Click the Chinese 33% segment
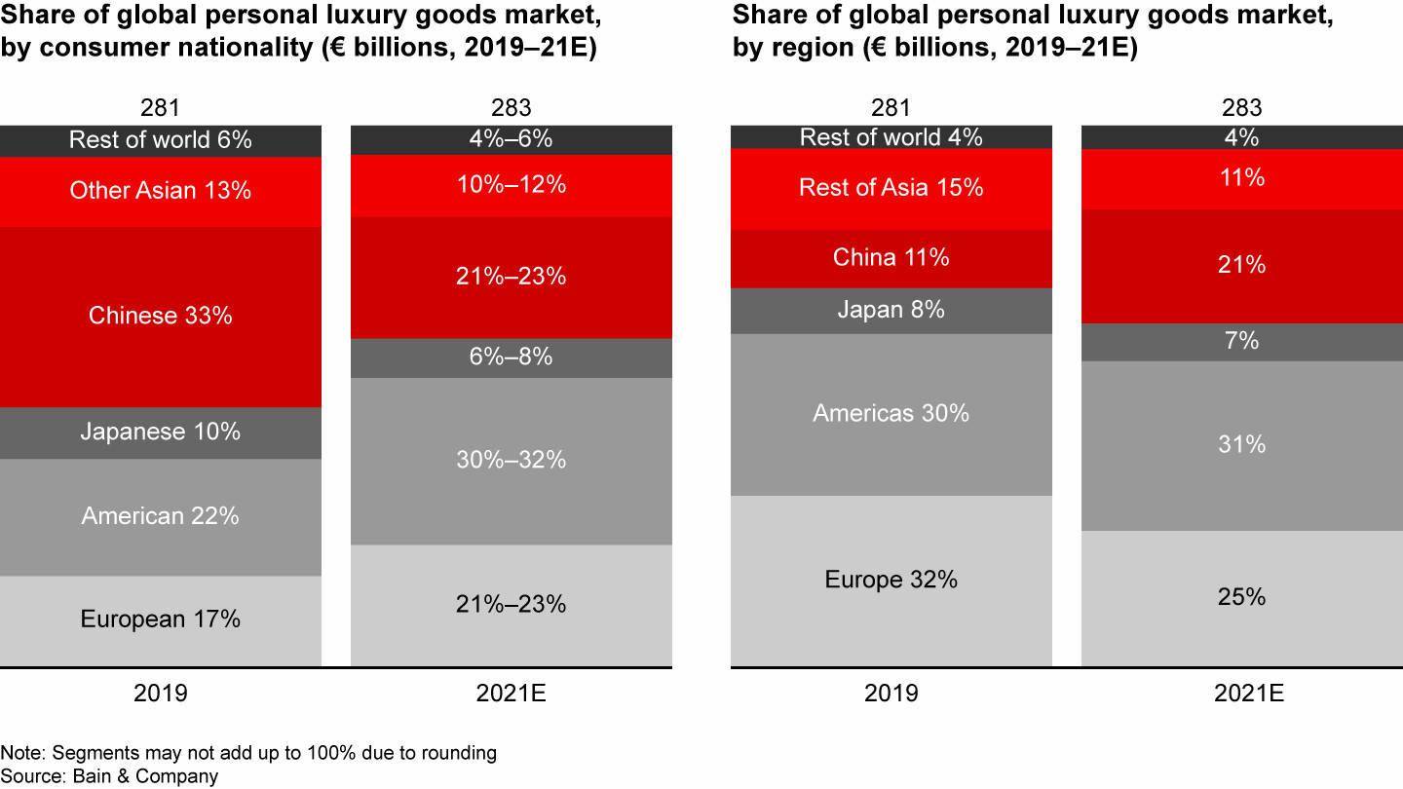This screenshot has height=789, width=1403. pos(161,317)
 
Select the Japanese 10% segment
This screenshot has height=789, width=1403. pos(161,432)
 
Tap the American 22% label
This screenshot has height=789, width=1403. pos(161,516)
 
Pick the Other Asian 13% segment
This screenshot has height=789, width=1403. pos(161,191)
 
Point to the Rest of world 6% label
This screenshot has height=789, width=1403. pos(161,140)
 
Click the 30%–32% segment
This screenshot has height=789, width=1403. pos(512,460)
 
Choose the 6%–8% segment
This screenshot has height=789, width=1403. pos(512,357)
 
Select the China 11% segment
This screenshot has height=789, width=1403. pos(891,258)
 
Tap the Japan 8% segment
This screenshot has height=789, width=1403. pos(891,311)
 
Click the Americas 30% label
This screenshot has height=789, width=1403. pos(891,414)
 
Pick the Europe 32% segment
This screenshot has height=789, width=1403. pos(891,581)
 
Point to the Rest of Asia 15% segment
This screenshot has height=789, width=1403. pos(891,188)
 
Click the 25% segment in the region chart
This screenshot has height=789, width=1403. pos(1242,597)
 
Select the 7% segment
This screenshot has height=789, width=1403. pos(1242,342)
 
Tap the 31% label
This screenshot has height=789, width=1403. pos(1242,445)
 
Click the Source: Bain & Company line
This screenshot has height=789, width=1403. pos(109,776)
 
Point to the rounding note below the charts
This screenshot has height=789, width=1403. pos(248,753)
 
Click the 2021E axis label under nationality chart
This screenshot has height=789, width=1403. pos(512,694)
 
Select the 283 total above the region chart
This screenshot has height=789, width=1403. pos(1242,107)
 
